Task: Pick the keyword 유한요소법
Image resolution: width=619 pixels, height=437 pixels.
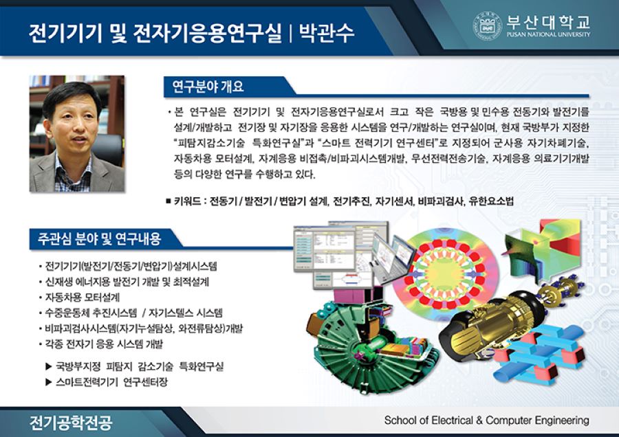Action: pos(491,202)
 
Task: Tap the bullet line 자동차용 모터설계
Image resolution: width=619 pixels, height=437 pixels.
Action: pos(83,298)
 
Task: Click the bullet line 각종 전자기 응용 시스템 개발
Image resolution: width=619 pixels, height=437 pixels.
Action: pos(104,344)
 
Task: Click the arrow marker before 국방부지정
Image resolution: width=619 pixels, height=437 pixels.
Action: pos(49,366)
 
